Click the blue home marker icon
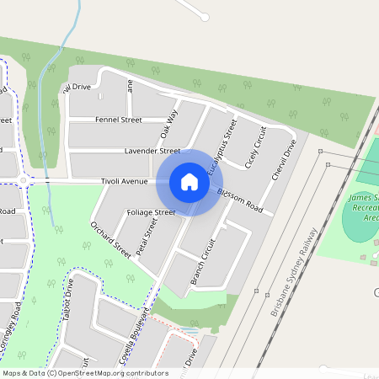[x=189, y=182]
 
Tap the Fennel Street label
[x=118, y=120]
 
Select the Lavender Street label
[x=152, y=151]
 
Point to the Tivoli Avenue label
[x=124, y=181]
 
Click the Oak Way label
[x=169, y=124]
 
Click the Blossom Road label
[x=240, y=201]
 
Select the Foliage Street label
[x=151, y=212]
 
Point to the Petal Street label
[x=147, y=238]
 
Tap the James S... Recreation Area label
[x=363, y=207]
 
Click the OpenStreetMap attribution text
[x=86, y=372]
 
